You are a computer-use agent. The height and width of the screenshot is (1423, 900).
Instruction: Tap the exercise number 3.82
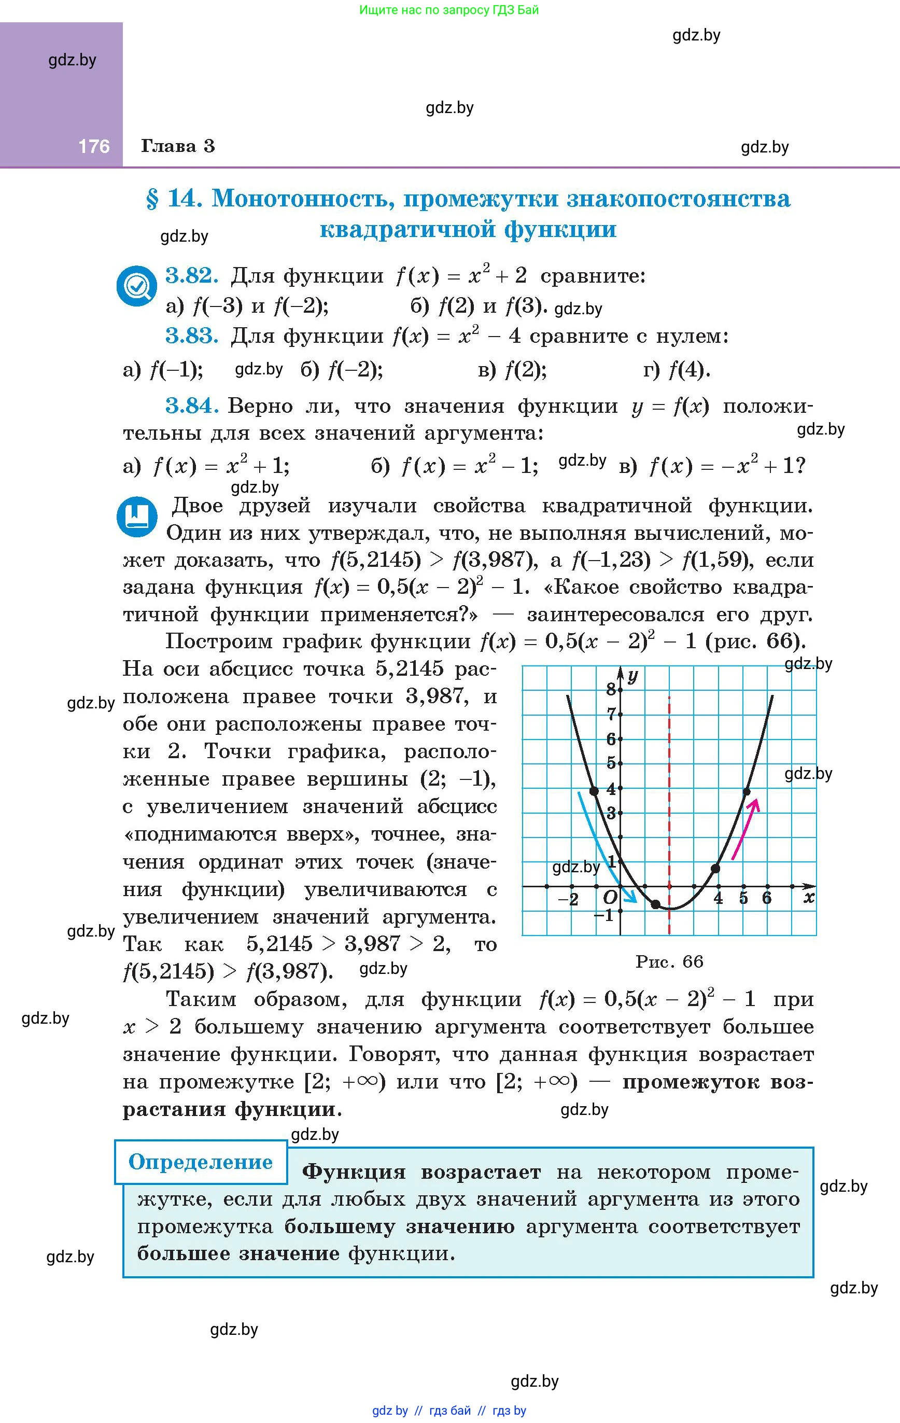[191, 275]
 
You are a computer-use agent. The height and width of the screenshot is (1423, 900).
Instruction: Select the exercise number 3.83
[191, 336]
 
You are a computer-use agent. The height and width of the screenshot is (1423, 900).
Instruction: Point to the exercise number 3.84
[191, 406]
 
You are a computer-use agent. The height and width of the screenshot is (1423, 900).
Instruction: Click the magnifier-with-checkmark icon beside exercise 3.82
[136, 285]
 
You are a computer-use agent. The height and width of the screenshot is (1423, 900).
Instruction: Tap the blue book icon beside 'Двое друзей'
[137, 516]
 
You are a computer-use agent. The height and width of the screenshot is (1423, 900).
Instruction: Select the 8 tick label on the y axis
[611, 689]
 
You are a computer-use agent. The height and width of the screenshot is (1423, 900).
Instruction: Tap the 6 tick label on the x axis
[766, 898]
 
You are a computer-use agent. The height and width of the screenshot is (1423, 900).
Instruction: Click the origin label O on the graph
[610, 898]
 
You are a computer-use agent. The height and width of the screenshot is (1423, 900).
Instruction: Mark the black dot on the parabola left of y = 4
[595, 791]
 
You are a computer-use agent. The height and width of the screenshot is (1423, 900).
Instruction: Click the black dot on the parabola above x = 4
[715, 868]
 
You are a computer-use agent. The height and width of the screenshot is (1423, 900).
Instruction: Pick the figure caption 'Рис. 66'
[669, 961]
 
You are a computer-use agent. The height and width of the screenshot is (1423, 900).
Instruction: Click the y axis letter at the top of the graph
[633, 675]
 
